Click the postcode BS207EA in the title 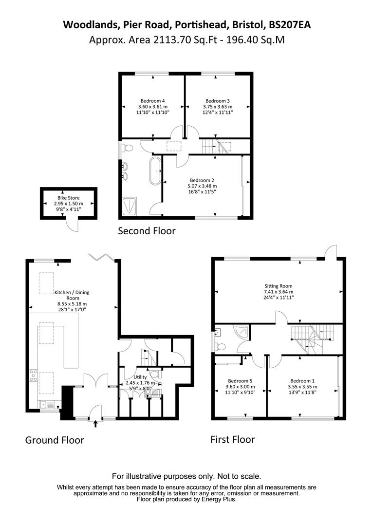tap(289, 25)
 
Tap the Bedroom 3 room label tap(217, 101)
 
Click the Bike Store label tap(68, 198)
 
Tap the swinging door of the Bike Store tap(72, 225)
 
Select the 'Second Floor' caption tap(147, 231)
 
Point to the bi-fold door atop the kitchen tap(102, 257)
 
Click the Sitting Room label tap(279, 286)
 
